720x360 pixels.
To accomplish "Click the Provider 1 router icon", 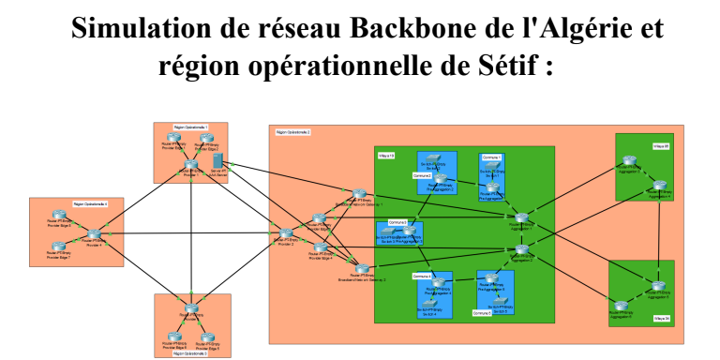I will [x=191, y=165].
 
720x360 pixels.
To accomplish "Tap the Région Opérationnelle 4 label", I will [x=90, y=203].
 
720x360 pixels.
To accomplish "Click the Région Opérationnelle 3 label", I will [x=190, y=353].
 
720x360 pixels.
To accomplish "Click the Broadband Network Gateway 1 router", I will [x=360, y=194].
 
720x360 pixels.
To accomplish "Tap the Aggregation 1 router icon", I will [x=521, y=218].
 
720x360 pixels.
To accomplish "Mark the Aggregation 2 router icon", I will [x=521, y=247].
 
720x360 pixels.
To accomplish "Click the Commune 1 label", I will [x=492, y=157].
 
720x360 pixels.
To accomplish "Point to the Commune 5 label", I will [x=482, y=310].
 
